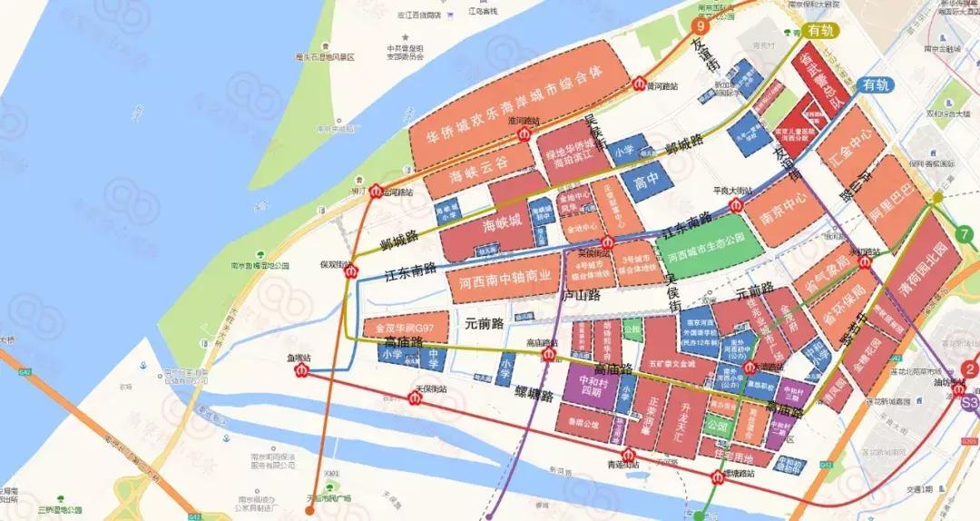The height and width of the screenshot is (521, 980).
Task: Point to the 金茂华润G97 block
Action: point(406,326)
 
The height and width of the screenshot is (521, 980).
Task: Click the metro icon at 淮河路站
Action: point(524,134)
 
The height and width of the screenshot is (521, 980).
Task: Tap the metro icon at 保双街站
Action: point(353,270)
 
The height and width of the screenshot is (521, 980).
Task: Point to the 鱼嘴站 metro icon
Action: point(301,370)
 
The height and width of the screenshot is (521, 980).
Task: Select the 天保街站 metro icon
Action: point(416,398)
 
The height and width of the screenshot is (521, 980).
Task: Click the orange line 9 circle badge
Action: point(700,26)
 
